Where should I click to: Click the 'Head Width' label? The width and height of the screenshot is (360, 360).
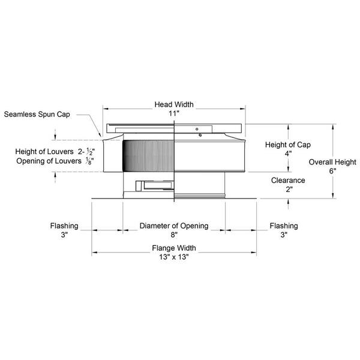click(174, 104)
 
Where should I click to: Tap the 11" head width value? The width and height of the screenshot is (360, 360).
click(174, 113)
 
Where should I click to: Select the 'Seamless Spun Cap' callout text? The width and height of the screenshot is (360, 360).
click(37, 115)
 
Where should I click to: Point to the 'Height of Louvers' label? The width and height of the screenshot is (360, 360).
click(44, 152)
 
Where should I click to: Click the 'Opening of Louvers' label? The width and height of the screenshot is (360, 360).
click(49, 161)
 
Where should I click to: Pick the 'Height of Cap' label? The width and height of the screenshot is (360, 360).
click(287, 145)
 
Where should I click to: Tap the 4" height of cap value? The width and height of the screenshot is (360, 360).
click(289, 154)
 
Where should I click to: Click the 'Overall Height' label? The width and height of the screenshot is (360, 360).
click(332, 162)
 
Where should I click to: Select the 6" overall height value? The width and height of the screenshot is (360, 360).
click(332, 171)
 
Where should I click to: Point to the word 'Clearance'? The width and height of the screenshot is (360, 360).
click(288, 181)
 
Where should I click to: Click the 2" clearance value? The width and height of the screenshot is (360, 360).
click(289, 190)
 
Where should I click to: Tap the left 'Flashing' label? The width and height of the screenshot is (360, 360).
click(64, 226)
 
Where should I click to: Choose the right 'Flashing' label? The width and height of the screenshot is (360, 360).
click(284, 226)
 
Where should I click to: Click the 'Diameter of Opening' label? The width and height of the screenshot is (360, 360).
click(174, 226)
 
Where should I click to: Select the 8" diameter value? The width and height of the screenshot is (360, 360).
click(174, 235)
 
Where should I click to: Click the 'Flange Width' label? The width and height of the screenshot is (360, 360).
click(174, 248)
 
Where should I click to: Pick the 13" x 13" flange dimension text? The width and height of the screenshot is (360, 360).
click(174, 257)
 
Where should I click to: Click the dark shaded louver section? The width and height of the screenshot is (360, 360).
click(148, 156)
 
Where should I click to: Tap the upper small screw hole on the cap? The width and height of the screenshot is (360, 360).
click(197, 129)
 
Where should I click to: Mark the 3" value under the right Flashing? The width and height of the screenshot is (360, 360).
click(284, 235)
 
